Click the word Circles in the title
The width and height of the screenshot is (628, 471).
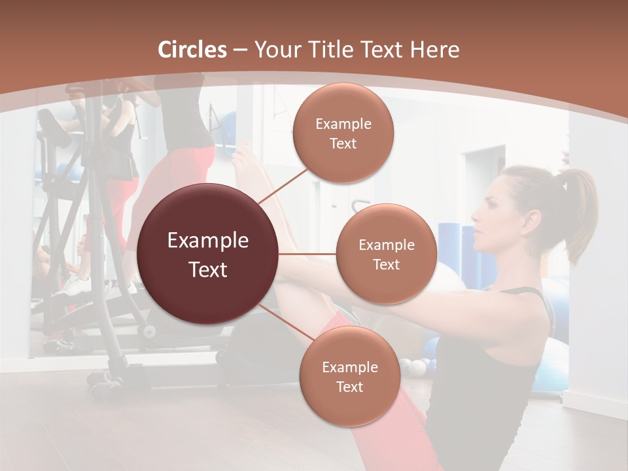pos(192,50)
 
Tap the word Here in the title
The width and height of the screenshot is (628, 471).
pos(434,50)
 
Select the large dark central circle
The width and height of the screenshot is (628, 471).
pos(208,254)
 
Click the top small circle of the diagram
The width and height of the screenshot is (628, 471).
pos(343,133)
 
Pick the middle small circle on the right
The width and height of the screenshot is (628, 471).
pos(387,254)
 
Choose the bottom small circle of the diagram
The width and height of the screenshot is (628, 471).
pos(349,376)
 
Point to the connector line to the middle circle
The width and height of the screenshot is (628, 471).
pos(307,254)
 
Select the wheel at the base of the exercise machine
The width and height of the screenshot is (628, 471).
pos(150,331)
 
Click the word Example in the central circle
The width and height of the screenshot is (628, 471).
pos(208,241)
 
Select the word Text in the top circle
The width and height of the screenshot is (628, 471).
pos(343,143)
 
